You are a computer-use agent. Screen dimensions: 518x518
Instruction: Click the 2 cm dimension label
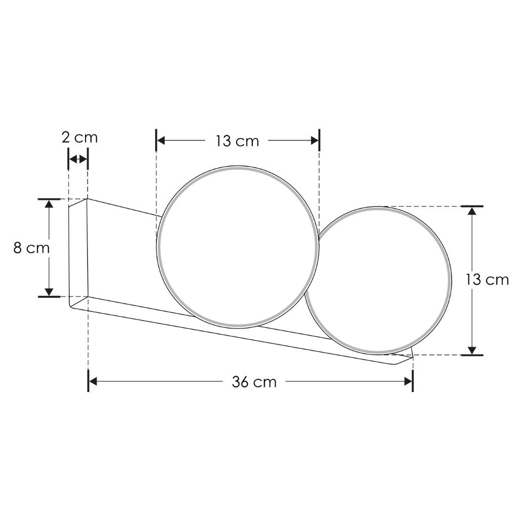79,138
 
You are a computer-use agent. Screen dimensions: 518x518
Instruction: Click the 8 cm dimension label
31,248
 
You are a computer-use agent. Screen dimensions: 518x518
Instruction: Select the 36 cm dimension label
254,382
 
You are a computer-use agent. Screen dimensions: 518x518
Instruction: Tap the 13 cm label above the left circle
237,141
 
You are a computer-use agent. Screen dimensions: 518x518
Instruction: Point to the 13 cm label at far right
487,280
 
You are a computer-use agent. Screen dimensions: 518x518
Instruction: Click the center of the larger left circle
238,247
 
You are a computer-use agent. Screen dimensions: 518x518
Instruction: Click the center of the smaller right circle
377,280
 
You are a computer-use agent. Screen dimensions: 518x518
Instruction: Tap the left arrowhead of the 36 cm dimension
93,381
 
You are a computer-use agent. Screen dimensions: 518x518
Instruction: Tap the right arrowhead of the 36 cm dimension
408,381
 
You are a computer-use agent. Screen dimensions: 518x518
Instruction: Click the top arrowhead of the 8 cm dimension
49,203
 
